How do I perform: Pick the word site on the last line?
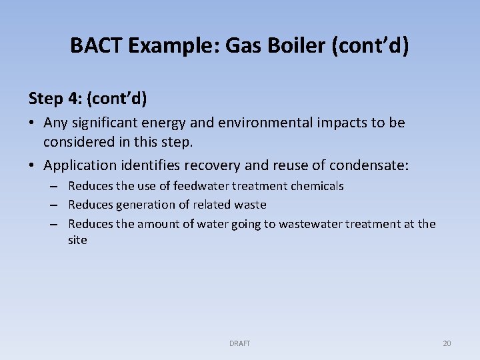coord(77,240)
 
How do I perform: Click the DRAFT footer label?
coord(239,343)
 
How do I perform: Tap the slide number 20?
coord(447,343)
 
